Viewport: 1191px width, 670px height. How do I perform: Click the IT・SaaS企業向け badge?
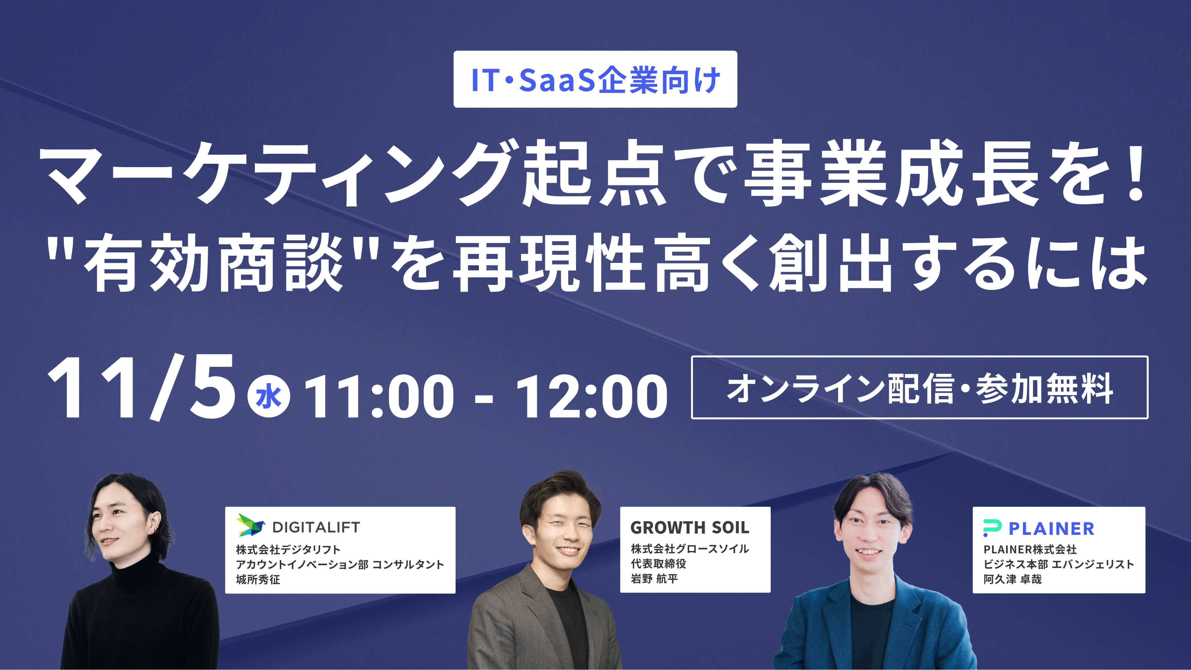coord(595,79)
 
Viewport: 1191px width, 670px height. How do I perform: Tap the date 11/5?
coord(141,388)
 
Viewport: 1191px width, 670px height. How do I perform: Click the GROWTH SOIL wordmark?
coord(690,527)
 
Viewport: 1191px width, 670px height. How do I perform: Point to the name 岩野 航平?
coord(654,579)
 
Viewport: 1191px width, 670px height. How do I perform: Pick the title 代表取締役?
coord(658,564)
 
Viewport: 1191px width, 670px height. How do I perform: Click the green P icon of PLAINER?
coord(992,528)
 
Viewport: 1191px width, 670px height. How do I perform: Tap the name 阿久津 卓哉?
coord(1013,579)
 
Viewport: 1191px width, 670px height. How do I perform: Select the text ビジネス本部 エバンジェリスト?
coord(1059,564)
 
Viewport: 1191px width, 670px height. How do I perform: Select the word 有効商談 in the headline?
coord(213,263)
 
